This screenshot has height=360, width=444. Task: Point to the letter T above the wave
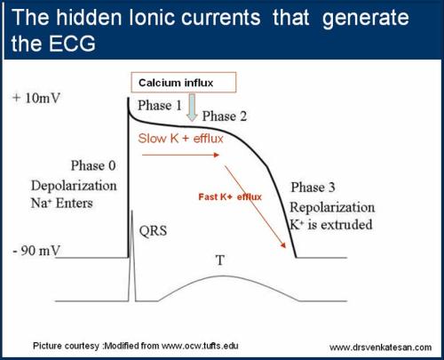coord(219,260)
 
